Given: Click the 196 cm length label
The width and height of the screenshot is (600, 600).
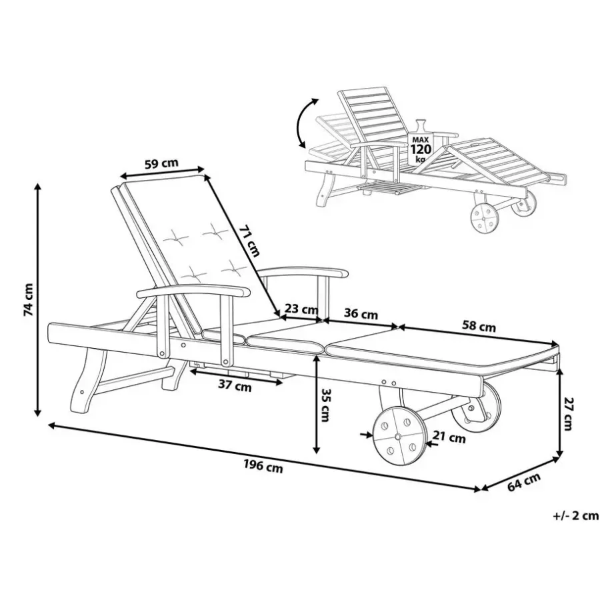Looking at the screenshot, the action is click(x=263, y=466).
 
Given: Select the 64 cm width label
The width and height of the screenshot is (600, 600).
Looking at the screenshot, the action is click(x=524, y=482).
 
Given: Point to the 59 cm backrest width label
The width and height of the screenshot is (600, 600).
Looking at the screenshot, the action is click(x=161, y=163).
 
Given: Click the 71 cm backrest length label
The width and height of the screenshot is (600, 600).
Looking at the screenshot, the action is click(x=249, y=241).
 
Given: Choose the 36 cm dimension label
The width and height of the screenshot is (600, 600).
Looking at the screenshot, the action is click(x=361, y=314).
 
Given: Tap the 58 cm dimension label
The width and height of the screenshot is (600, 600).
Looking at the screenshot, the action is click(x=479, y=327).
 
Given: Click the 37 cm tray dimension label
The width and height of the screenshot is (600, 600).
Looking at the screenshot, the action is click(x=235, y=386).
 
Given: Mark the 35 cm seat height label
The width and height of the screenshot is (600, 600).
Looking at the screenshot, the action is click(x=325, y=405).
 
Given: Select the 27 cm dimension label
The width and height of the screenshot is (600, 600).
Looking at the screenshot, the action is click(x=567, y=413).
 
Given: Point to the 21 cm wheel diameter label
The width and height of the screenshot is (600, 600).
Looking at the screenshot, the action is click(x=449, y=437).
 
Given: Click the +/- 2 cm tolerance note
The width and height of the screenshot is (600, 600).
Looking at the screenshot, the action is click(x=575, y=516).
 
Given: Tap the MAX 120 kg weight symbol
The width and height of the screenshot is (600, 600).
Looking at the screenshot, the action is click(x=421, y=143).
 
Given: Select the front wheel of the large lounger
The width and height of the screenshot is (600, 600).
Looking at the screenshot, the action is click(x=399, y=436).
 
